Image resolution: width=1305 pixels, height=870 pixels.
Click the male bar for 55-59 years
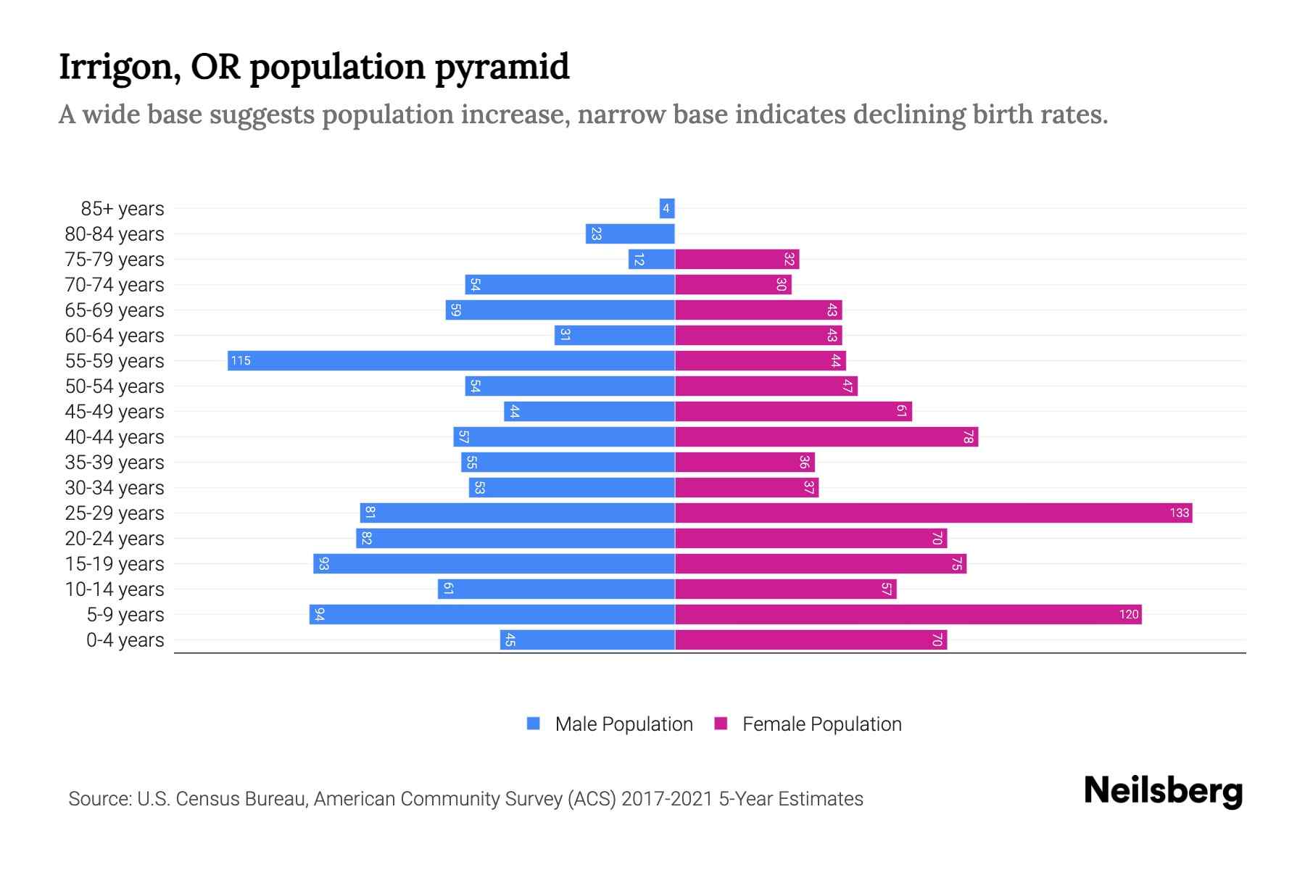(x=451, y=360)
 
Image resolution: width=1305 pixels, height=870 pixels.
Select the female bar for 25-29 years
(x=933, y=513)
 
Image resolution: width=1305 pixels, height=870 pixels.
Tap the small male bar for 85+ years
(x=667, y=208)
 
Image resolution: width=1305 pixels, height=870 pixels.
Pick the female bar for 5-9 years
(x=908, y=614)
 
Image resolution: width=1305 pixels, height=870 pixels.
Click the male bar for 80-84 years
(x=630, y=233)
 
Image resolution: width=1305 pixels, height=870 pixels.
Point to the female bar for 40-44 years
(x=826, y=436)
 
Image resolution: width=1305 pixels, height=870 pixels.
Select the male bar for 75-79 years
(x=651, y=259)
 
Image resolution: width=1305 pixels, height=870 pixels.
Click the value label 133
(x=1179, y=513)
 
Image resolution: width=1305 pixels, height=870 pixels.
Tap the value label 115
(x=241, y=360)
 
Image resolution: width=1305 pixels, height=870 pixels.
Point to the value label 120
(x=1129, y=615)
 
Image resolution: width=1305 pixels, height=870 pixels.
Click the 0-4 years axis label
(x=125, y=640)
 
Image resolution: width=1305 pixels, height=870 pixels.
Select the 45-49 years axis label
(x=115, y=412)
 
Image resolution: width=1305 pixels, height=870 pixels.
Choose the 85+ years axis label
(x=123, y=209)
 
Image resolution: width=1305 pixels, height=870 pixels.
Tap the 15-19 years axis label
(x=115, y=564)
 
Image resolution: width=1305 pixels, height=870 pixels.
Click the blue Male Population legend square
(x=534, y=724)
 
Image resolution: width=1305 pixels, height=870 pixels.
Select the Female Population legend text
(x=821, y=724)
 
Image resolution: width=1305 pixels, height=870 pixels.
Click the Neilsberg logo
(x=1163, y=791)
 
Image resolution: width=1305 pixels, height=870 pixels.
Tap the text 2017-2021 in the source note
(x=667, y=799)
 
